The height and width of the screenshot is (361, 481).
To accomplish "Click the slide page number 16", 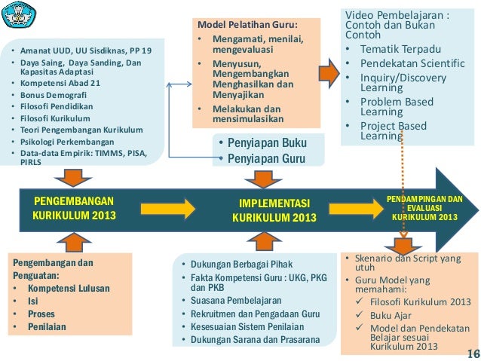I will tap(472, 353).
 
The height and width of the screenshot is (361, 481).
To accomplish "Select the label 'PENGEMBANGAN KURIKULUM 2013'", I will tap(74, 209).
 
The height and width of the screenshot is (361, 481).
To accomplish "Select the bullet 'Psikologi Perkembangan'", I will tap(67, 141).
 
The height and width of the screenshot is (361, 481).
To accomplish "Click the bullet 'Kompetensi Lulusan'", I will tap(69, 288).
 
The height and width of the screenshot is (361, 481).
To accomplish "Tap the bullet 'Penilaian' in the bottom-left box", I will tap(47, 326).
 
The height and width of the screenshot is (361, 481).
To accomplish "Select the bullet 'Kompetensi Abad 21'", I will tap(60, 85).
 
